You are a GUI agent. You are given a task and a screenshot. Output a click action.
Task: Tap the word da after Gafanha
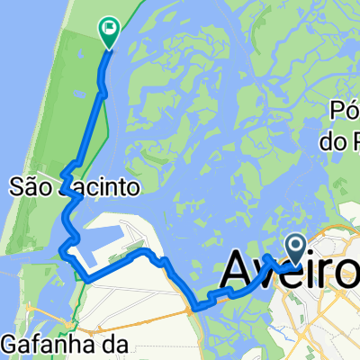(118, 343)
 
